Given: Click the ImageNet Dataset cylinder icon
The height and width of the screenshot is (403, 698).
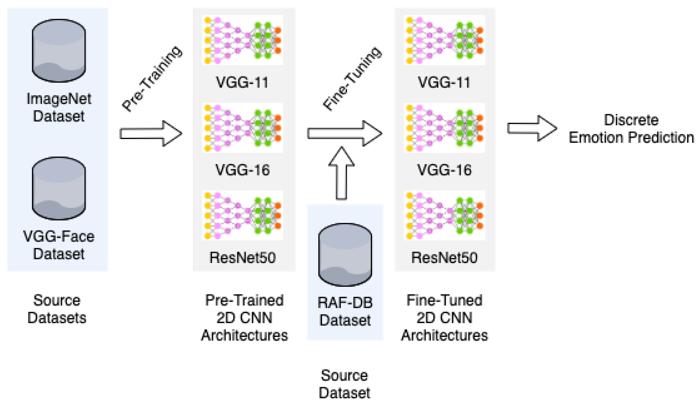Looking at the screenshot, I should tap(59, 51).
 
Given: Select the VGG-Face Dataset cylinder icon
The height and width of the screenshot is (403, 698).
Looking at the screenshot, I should tap(59, 188).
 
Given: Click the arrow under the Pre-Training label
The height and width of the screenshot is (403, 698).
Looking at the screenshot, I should tap(151, 133).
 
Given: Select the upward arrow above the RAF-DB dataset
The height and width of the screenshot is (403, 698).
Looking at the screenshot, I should tap(341, 173).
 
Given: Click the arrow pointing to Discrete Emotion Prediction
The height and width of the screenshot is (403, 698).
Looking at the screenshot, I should tap(532, 128).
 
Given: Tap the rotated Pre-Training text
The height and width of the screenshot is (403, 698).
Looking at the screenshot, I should tap(152, 78).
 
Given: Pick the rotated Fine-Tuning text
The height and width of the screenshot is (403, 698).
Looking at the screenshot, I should tap(352, 78).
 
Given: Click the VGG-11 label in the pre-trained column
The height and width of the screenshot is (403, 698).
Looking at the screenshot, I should tap(242, 82).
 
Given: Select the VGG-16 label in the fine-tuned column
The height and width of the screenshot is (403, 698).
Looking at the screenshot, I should tap(444, 170).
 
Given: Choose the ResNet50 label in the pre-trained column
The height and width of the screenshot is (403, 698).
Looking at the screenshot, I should tap(243, 257).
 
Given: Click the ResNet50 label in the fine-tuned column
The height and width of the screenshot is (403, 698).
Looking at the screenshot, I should tap(444, 257).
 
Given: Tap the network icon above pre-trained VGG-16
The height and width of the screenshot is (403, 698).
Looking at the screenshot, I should tap(243, 128).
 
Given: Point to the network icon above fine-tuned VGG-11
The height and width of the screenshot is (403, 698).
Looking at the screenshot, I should tap(444, 40).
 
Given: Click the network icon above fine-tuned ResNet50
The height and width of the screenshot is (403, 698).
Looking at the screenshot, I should tap(444, 215).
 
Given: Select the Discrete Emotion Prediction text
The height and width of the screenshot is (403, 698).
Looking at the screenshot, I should tap(631, 129).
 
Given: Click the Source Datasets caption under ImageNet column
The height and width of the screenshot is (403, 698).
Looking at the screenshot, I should tap(57, 309).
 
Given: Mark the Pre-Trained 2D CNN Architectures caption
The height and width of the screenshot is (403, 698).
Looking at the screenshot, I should tap(244, 318).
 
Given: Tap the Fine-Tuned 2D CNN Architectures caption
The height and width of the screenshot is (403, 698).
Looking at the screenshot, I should tap(444, 318).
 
